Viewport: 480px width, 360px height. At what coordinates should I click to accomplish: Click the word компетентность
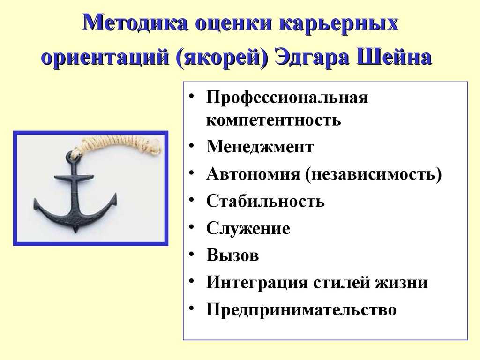coord(273,120)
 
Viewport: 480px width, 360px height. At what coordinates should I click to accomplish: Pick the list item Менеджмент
coord(260,147)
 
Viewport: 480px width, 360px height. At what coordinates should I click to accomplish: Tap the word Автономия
coord(253,174)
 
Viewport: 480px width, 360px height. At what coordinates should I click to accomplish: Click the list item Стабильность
coord(265,201)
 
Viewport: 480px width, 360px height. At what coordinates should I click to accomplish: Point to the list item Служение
coord(248,228)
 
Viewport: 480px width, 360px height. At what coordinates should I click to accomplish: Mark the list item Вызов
coord(232,255)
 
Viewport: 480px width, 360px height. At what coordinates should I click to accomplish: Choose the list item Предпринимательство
coord(301,310)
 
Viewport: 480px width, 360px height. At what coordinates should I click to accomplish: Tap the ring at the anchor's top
coord(74,155)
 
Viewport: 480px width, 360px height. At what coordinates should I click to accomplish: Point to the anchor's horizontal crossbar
coord(74,177)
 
